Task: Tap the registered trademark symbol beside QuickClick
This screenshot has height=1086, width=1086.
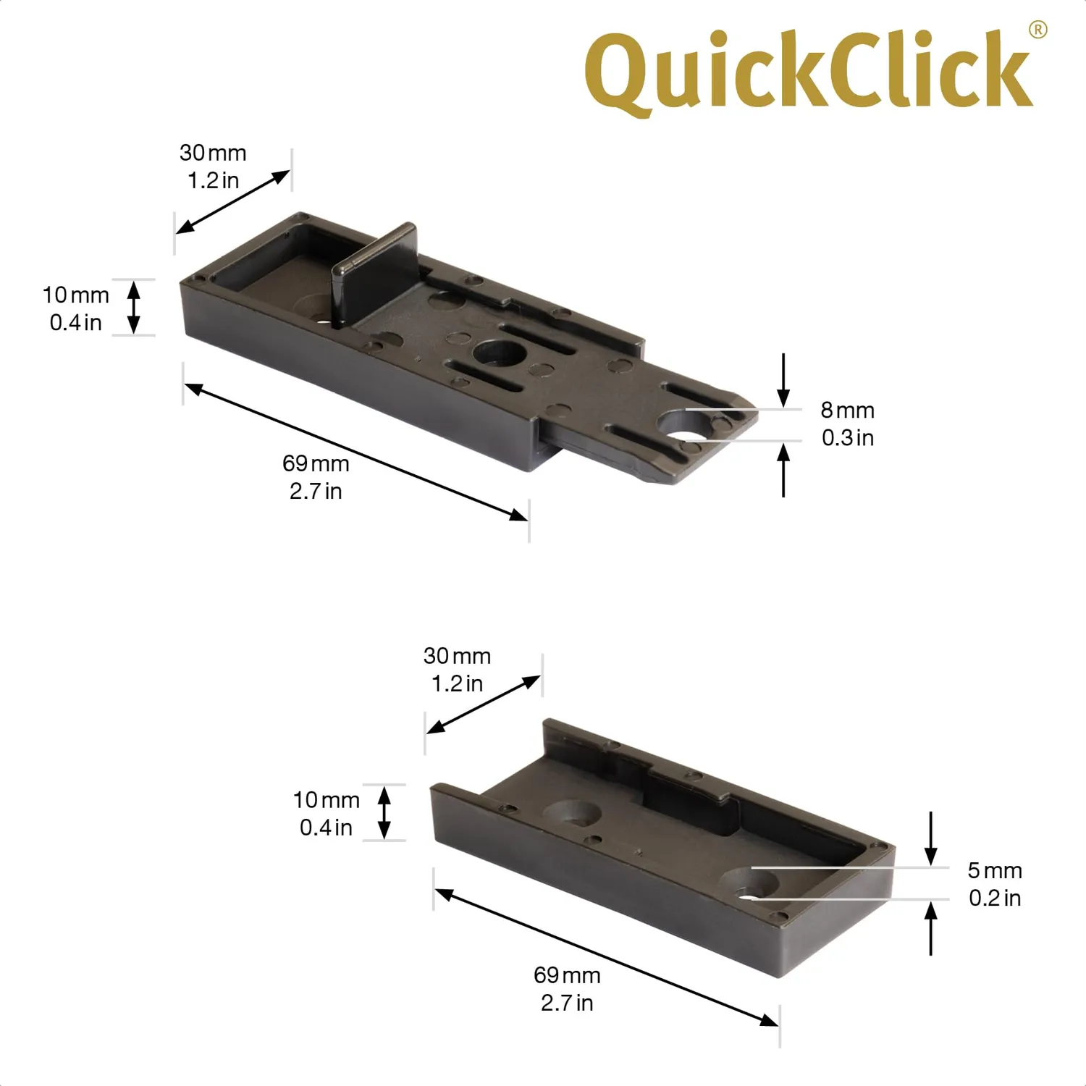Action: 1038,29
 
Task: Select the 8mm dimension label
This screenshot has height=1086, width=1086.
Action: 847,411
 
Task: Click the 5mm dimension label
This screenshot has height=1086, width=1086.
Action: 995,870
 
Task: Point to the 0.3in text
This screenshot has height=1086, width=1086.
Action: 848,438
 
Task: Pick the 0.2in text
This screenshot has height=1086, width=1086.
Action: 995,898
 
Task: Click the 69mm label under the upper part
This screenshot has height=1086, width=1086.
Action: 316,463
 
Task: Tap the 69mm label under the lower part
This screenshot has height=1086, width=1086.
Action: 567,975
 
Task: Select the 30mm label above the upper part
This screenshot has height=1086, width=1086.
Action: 213,153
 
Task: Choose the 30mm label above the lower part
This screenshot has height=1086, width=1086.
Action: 457,656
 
